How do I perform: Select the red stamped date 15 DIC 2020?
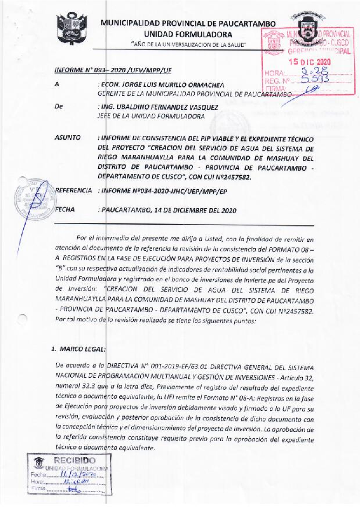tap(310, 62)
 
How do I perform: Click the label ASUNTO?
tap(68, 138)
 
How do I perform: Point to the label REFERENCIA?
tap(74, 191)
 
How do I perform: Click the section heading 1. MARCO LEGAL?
tap(78, 349)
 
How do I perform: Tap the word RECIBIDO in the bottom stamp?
tap(75, 460)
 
